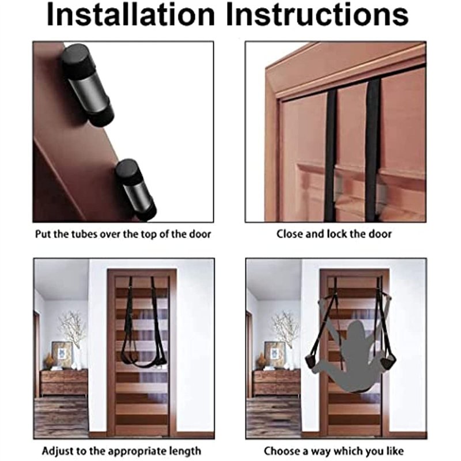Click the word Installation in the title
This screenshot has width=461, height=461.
(131, 15)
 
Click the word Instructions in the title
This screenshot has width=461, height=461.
(318, 15)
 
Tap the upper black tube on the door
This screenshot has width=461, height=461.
(88, 85)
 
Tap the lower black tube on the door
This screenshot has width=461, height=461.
(135, 190)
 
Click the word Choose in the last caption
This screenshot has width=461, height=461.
(281, 451)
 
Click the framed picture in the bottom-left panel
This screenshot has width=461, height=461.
(62, 354)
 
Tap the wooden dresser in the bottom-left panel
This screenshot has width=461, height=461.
(64, 383)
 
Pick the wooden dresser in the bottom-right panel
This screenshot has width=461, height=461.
(277, 383)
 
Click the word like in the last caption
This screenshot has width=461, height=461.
(395, 451)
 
